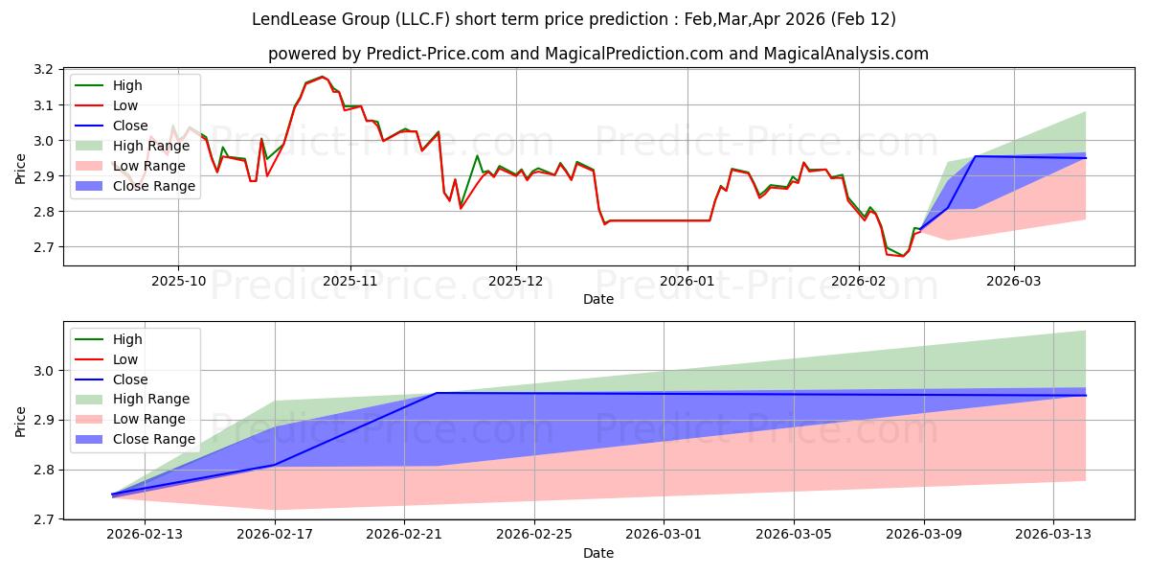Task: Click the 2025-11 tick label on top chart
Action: click(350, 281)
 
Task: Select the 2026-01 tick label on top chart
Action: click(687, 281)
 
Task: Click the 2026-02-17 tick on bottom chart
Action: click(275, 534)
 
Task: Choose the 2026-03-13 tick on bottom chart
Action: click(1053, 534)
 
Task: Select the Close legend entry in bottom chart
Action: click(130, 379)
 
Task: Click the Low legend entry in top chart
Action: click(125, 105)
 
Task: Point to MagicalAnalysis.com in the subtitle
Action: click(845, 55)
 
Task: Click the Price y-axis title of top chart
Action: click(21, 168)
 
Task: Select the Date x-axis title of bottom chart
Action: click(598, 554)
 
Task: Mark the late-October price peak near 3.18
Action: click(322, 77)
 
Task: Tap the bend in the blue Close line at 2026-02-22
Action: click(437, 393)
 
